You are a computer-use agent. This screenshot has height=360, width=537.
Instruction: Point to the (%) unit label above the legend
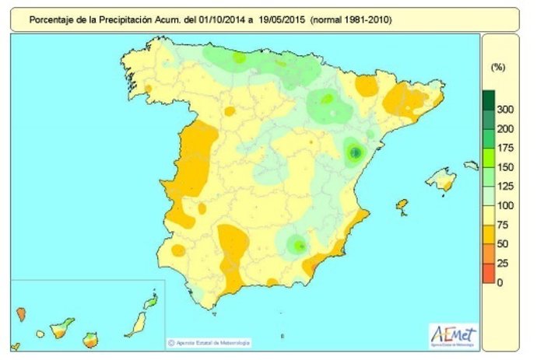point(497,68)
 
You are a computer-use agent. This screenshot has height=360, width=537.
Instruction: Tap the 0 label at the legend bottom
point(500,282)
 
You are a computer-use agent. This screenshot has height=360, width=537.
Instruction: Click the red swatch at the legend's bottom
point(489,273)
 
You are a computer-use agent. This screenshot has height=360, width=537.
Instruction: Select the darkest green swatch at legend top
point(489,100)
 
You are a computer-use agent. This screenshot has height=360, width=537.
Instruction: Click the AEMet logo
point(453,334)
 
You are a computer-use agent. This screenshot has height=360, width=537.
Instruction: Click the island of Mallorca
point(440,180)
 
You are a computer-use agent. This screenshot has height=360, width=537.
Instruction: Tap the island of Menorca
point(472,165)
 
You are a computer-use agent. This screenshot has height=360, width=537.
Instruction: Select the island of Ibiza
point(402,205)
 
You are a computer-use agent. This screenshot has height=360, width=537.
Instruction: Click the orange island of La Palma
point(21,314)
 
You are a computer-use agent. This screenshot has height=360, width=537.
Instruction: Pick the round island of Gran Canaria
point(91,340)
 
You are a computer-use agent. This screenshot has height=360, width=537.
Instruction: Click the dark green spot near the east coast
point(355,153)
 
